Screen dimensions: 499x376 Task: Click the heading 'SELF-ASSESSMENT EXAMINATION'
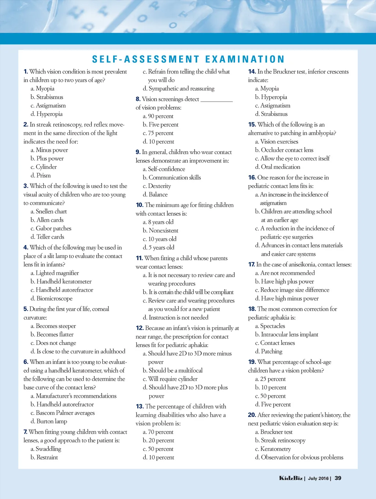click(x=188, y=59)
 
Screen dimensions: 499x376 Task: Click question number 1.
click(x=26, y=72)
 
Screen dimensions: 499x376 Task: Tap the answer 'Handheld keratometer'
click(x=64, y=281)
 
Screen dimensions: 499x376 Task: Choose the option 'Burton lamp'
click(x=51, y=421)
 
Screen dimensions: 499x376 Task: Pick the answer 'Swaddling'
click(x=48, y=449)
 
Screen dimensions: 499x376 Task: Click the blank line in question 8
click(x=217, y=100)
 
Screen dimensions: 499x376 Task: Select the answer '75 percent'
click(x=161, y=133)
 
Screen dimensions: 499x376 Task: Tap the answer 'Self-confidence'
click(x=166, y=169)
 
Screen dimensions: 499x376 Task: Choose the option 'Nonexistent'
click(x=163, y=230)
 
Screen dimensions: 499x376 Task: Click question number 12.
click(x=140, y=328)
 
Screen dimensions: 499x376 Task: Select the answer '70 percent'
click(x=160, y=432)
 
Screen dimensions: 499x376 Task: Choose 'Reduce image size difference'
click(x=294, y=290)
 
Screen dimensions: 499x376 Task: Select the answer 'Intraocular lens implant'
click(x=289, y=335)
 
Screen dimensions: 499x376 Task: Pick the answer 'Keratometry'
click(x=275, y=449)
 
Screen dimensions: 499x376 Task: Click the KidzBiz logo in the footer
click(x=291, y=478)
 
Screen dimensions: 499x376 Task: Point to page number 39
click(x=338, y=478)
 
